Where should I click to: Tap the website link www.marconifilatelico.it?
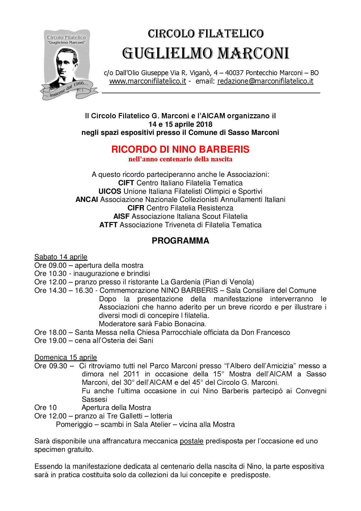(148, 81)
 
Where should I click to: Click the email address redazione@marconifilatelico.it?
(265, 81)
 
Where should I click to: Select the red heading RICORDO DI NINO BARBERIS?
(180, 149)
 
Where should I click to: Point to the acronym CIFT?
(126, 183)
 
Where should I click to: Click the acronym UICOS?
(110, 191)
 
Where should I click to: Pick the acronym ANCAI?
(87, 200)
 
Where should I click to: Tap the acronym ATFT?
(108, 225)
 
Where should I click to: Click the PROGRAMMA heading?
(180, 241)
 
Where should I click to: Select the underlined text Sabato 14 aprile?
(61, 257)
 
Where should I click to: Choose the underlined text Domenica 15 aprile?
(66, 357)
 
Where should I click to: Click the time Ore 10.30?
(50, 274)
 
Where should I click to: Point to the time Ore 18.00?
(50, 332)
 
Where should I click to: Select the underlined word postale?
(192, 441)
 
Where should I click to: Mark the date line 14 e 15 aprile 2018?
(180, 124)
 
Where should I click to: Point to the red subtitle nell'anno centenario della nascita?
(180, 159)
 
